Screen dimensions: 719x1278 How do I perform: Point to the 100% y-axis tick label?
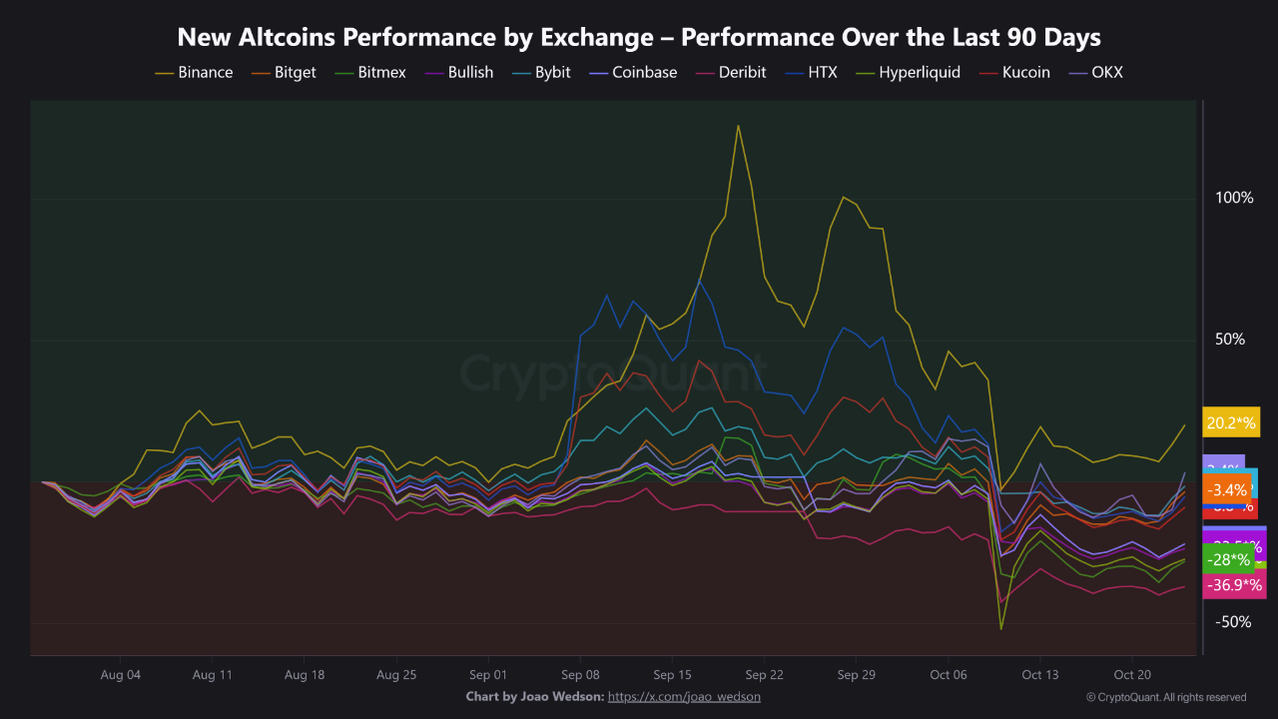pyautogui.click(x=1234, y=198)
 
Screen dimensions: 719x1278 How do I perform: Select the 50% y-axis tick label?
pyautogui.click(x=1230, y=340)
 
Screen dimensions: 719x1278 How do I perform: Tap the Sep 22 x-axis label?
pyautogui.click(x=764, y=675)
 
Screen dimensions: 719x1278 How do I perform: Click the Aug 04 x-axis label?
pyautogui.click(x=120, y=675)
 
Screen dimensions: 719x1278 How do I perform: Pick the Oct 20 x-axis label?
pyautogui.click(x=1132, y=675)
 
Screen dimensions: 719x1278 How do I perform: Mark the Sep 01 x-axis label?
pyautogui.click(x=487, y=675)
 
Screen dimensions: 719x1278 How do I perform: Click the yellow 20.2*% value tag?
pyautogui.click(x=1231, y=422)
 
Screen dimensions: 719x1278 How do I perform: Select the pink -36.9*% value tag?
pyautogui.click(x=1234, y=585)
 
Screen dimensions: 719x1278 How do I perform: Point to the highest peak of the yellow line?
pyautogui.click(x=738, y=126)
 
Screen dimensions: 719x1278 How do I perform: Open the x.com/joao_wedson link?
pyautogui.click(x=684, y=697)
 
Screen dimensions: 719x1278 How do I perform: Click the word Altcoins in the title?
pyautogui.click(x=290, y=38)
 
